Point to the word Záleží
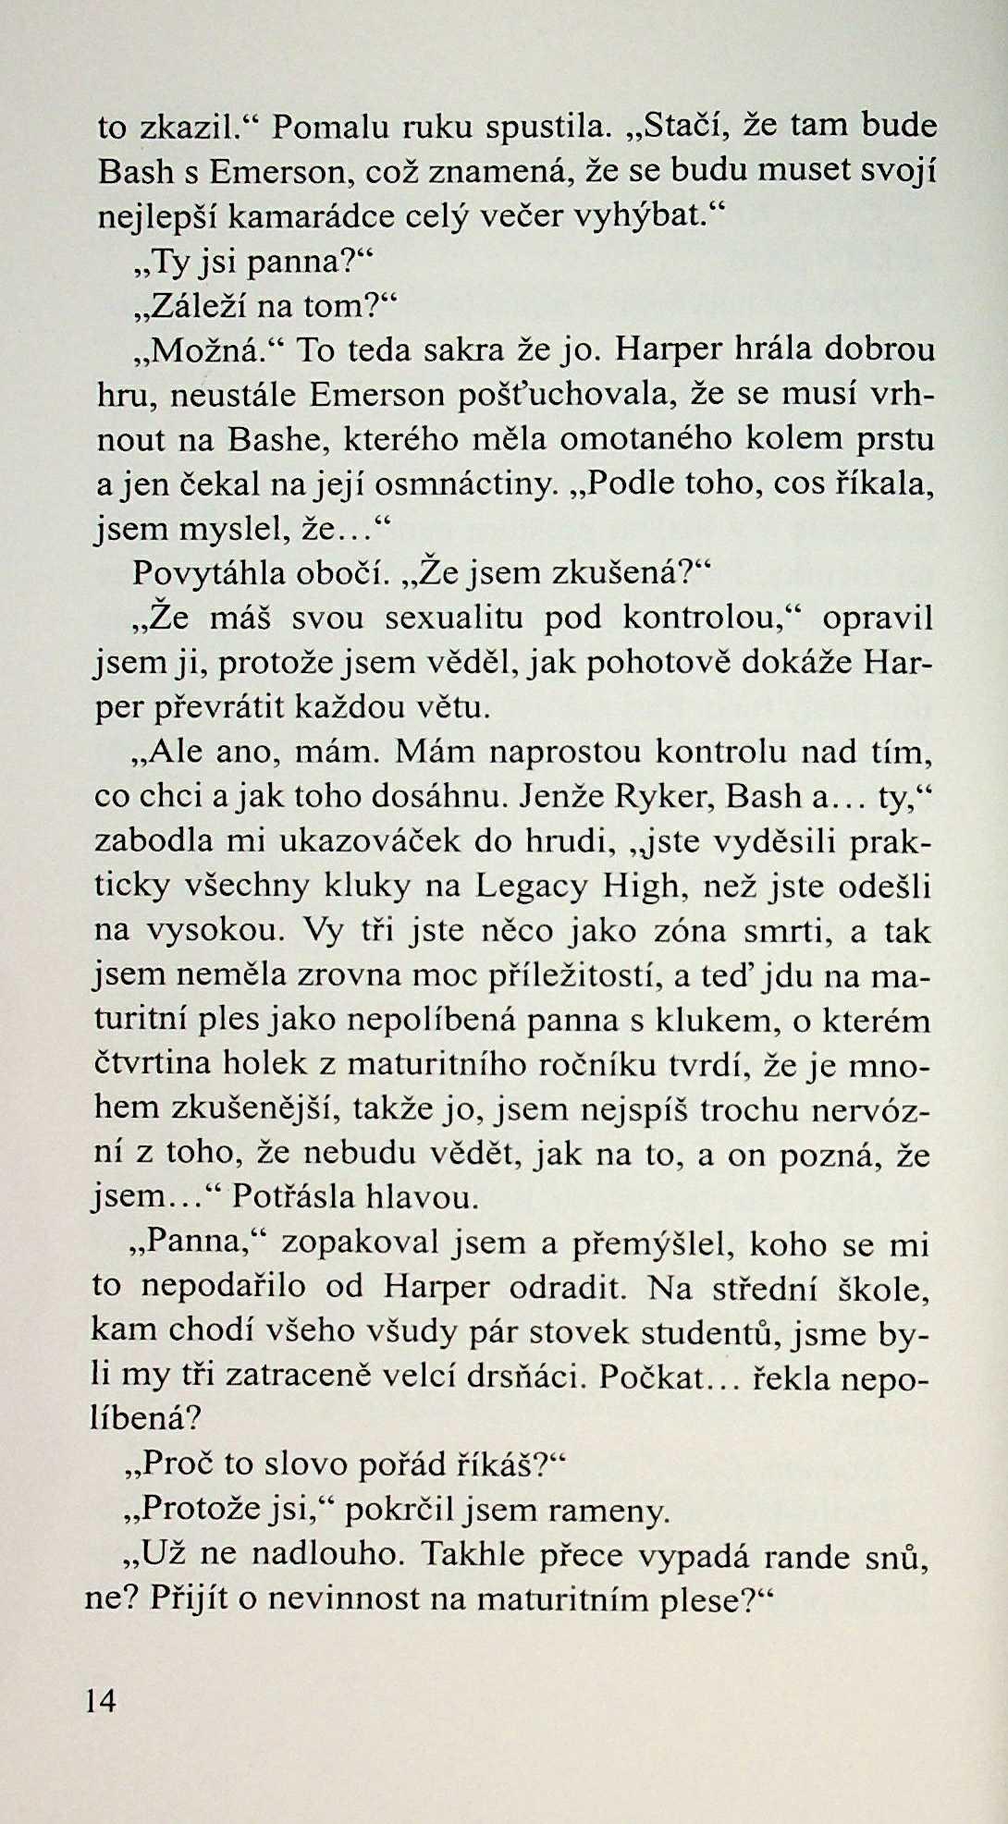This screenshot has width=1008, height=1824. (189, 305)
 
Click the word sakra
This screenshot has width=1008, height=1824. (459, 350)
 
